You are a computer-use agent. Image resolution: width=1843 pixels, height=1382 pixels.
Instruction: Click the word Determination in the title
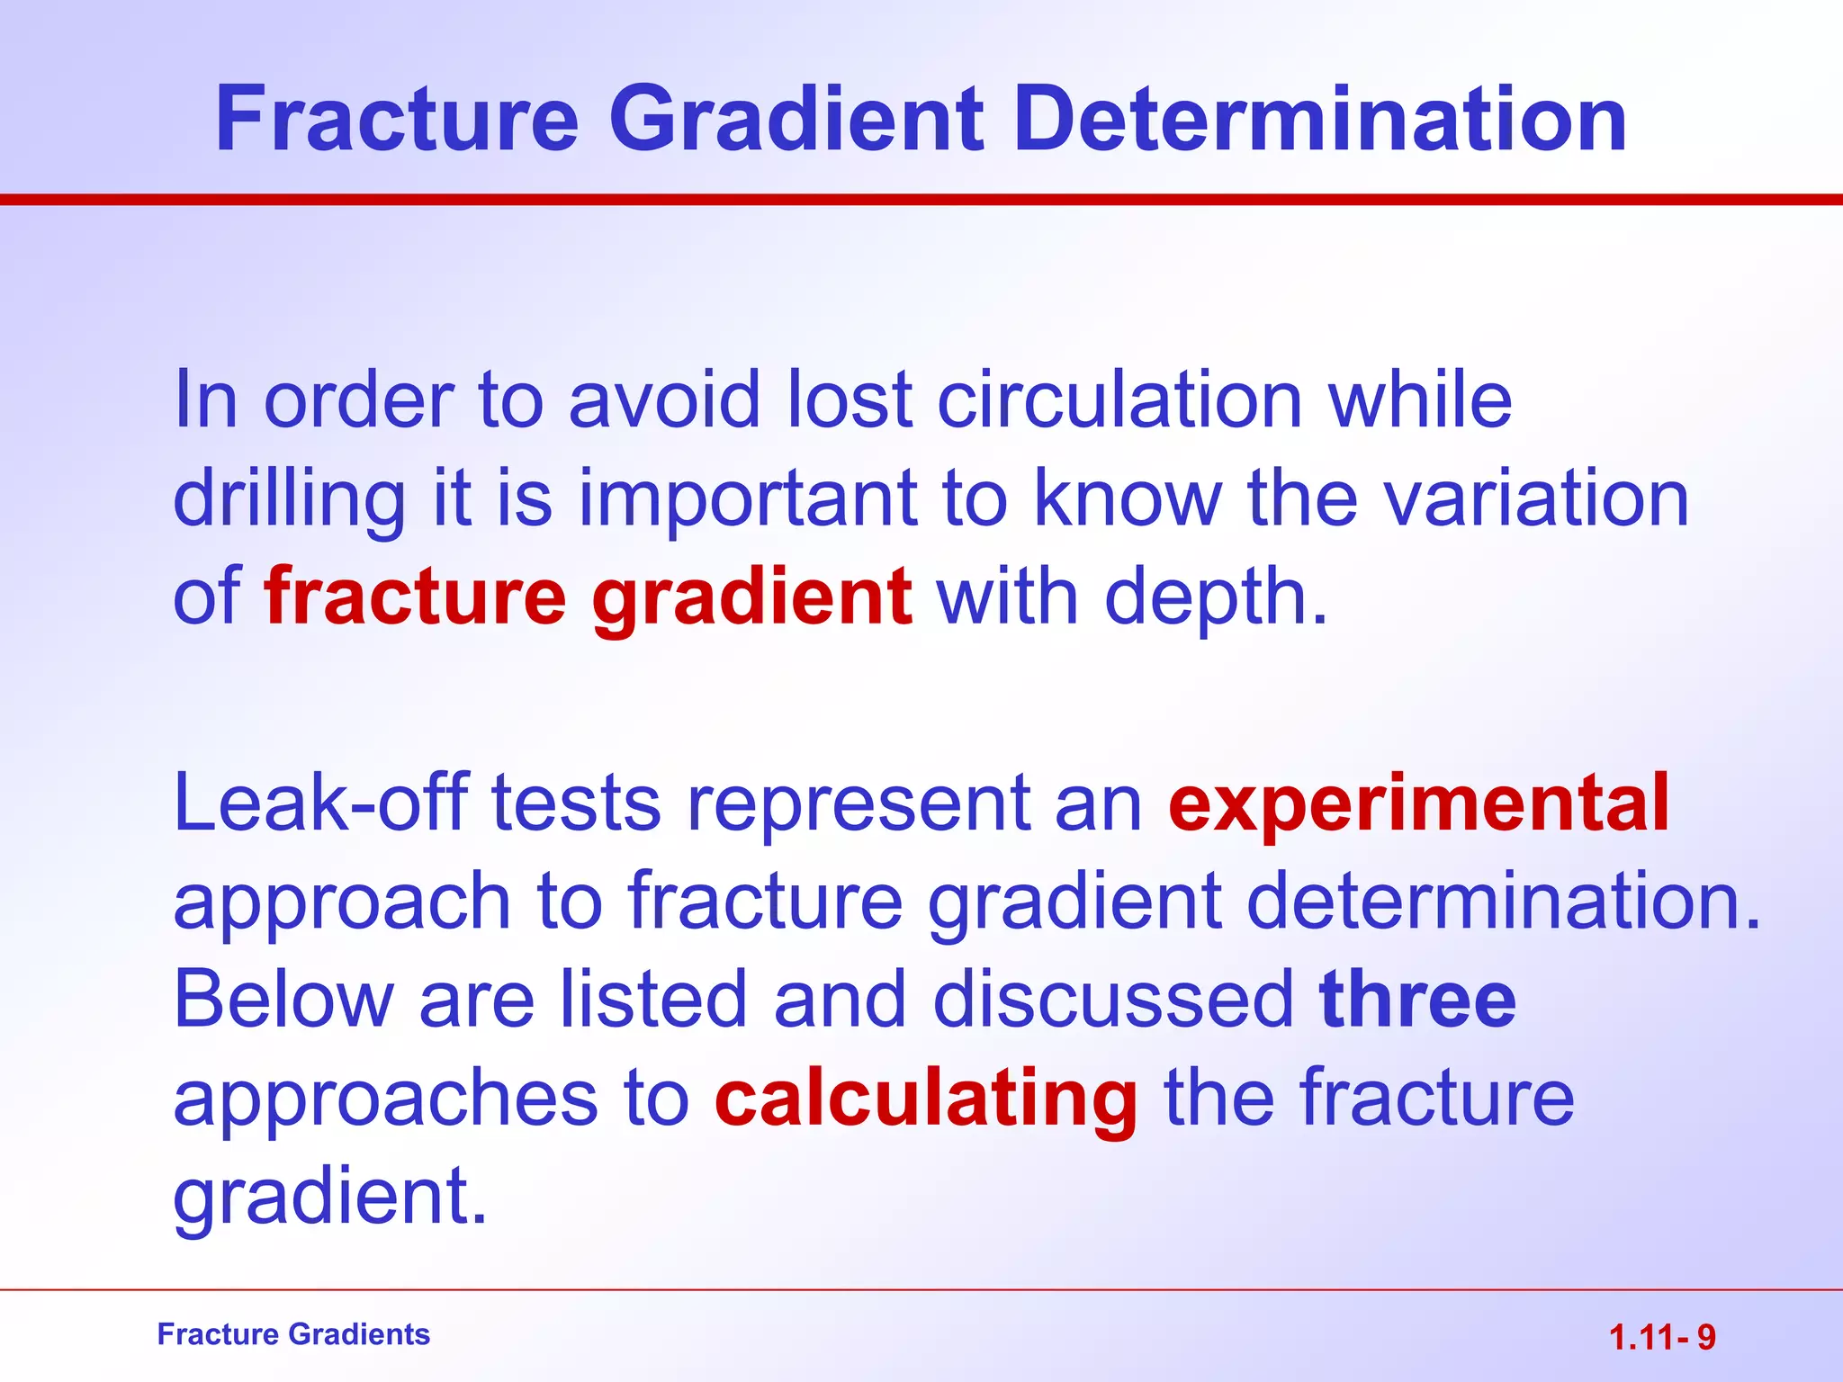1320,120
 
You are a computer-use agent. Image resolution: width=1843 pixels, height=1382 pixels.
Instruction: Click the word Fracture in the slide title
397,120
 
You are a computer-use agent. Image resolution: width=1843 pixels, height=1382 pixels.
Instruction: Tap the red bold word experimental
1418,803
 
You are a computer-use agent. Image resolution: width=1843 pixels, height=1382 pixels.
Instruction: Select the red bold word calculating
926,1098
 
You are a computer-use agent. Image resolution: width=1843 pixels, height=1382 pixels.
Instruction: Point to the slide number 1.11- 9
1662,1338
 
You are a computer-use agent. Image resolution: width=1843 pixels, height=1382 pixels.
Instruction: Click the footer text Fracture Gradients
293,1334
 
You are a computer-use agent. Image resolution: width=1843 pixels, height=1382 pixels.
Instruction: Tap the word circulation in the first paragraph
1119,399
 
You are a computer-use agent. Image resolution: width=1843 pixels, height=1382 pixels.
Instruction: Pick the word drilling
289,500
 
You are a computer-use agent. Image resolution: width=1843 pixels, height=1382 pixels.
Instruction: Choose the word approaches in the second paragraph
385,1099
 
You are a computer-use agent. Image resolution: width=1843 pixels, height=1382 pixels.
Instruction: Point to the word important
747,500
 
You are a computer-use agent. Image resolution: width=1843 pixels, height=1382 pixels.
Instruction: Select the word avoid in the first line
665,399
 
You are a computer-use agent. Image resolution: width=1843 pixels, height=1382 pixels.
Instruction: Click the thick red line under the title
921,199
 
